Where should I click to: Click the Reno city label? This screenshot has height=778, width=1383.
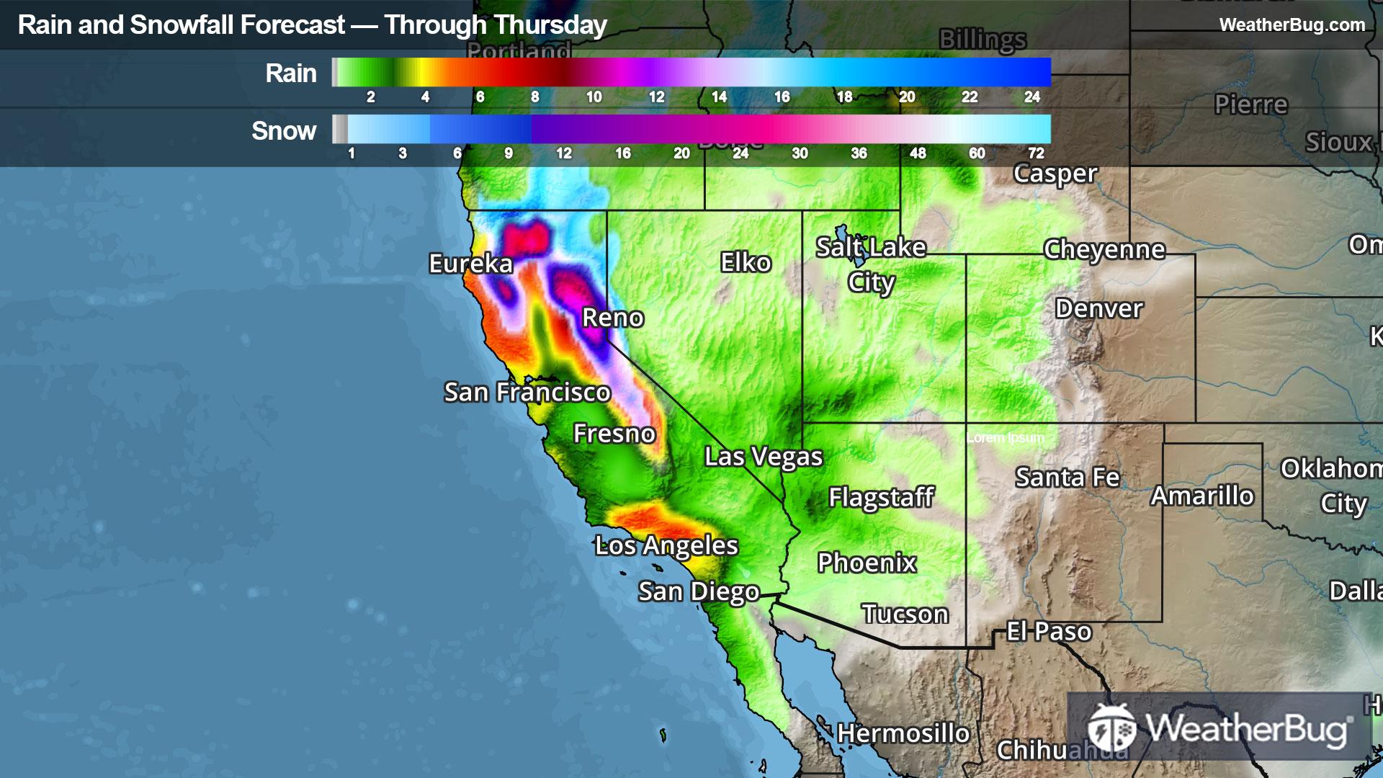(612, 318)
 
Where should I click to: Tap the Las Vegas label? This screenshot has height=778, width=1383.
(764, 457)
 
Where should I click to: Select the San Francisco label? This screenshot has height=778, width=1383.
(527, 393)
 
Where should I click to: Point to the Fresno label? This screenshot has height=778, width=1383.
(614, 434)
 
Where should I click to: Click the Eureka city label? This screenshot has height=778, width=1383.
(470, 264)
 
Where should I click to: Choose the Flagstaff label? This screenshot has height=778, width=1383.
(881, 497)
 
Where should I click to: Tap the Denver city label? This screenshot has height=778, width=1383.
(1098, 309)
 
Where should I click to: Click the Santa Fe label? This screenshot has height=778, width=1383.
(1067, 478)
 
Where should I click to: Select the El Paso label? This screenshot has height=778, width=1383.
(1049, 632)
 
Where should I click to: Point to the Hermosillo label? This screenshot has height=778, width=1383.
(903, 734)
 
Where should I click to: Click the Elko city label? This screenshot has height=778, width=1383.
(746, 263)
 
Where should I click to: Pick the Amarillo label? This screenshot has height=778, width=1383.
(1202, 496)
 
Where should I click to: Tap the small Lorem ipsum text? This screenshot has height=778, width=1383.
(1005, 438)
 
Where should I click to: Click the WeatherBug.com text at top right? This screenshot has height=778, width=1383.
(1292, 25)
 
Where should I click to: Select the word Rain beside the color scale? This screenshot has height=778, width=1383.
(290, 73)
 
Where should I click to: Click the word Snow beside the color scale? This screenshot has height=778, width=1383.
(284, 131)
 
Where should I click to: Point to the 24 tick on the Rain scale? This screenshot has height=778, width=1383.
(1031, 97)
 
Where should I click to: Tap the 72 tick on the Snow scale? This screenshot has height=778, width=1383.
(1035, 153)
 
